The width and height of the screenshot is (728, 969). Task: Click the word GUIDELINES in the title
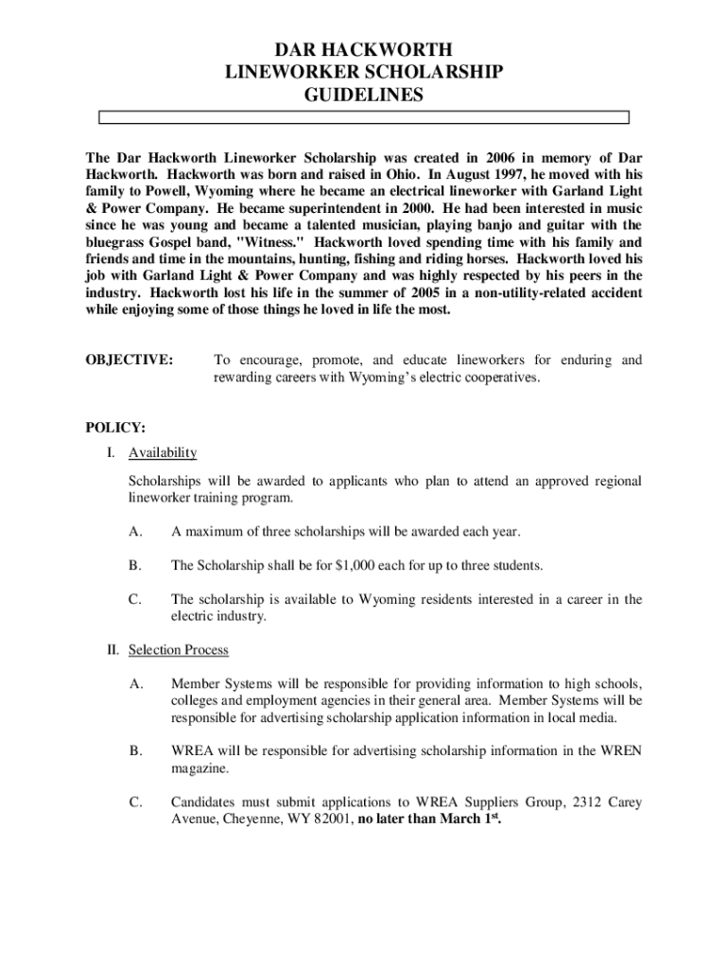click(364, 95)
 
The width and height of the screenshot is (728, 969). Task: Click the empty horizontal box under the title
click(364, 118)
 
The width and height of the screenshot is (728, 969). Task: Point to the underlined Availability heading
click(163, 452)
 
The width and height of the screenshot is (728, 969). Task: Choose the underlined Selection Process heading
click(179, 650)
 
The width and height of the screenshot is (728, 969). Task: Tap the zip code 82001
click(329, 819)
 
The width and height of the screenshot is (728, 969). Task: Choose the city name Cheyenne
click(260, 819)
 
